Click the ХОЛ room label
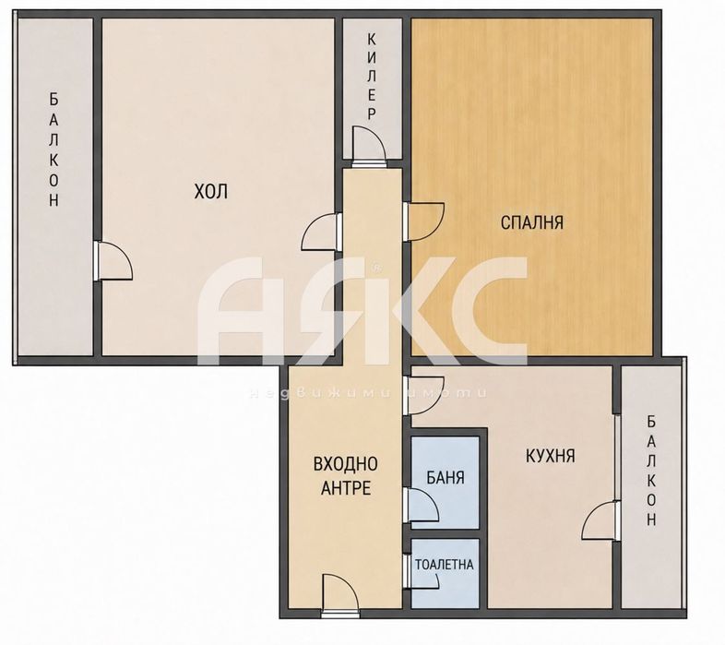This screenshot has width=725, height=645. pyautogui.click(x=211, y=191)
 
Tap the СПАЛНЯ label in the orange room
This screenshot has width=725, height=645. pyautogui.click(x=532, y=222)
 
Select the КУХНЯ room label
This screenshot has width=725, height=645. pyautogui.click(x=551, y=456)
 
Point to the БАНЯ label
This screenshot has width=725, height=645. pyautogui.click(x=446, y=477)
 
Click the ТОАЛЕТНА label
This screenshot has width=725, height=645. pyautogui.click(x=444, y=565)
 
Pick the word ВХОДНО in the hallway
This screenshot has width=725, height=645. pyautogui.click(x=345, y=463)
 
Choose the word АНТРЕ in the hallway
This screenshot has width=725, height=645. pyautogui.click(x=346, y=488)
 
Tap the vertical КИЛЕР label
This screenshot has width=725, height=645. pyautogui.click(x=372, y=78)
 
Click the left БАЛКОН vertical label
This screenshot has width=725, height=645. pyautogui.click(x=54, y=149)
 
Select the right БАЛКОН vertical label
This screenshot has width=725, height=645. pyautogui.click(x=651, y=471)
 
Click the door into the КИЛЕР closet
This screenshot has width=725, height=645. pyautogui.click(x=369, y=146)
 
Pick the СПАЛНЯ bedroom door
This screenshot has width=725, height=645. pyautogui.click(x=423, y=221)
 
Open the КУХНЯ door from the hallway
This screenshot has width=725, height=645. pyautogui.click(x=423, y=396)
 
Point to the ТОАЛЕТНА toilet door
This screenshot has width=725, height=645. pyautogui.click(x=421, y=572)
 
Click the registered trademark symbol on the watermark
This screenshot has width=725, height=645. pyautogui.click(x=376, y=267)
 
